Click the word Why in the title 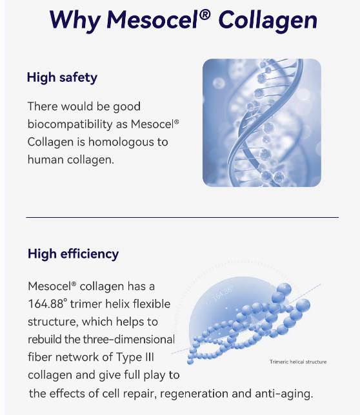(72, 20)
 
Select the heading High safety (62, 78)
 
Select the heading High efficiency (73, 254)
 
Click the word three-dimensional (132, 339)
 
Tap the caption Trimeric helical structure (297, 362)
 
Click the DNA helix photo (261, 122)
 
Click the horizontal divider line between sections (181, 218)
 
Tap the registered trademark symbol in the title (205, 14)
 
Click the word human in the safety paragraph (43, 159)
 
